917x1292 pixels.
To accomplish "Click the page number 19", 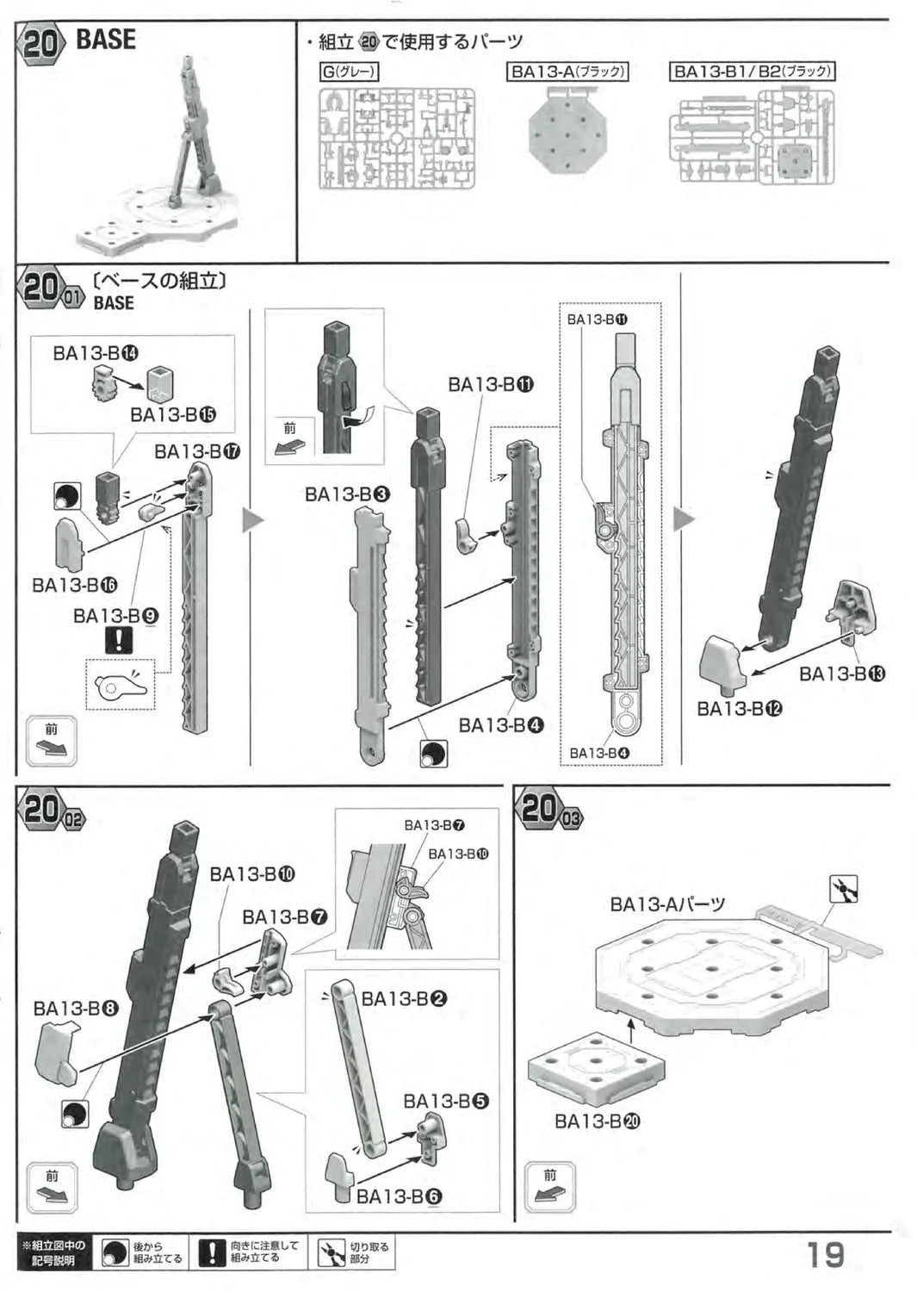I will [825, 1254].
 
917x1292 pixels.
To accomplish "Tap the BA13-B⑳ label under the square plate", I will [598, 1121].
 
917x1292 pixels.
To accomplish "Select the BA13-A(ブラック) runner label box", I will [567, 72].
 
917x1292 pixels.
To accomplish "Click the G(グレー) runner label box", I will [350, 72].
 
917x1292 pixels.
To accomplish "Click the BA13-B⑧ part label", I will [76, 1008].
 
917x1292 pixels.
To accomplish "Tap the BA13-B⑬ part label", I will [841, 674].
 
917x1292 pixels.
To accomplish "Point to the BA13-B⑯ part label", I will [75, 585].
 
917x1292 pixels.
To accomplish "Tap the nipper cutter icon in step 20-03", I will [843, 888].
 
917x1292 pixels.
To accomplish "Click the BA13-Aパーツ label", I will [667, 904].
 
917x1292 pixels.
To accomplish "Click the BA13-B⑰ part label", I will [197, 451].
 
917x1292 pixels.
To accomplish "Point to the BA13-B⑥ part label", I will [399, 1196].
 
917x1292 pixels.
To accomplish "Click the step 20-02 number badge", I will [52, 811].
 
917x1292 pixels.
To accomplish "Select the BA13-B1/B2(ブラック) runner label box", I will [752, 72].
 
